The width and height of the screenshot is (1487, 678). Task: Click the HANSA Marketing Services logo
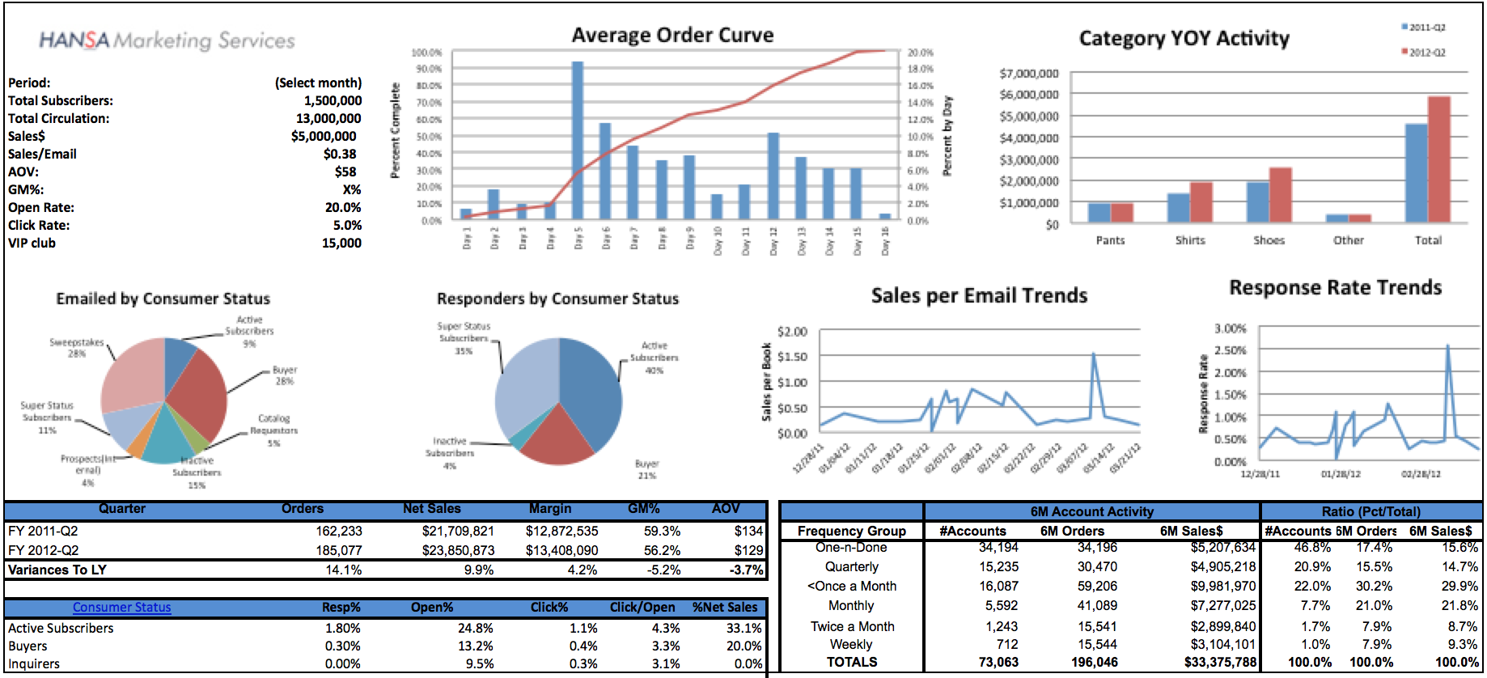pos(167,40)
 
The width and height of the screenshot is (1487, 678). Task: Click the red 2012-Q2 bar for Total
pos(1439,159)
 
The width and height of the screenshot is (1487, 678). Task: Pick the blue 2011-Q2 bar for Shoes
pos(1257,202)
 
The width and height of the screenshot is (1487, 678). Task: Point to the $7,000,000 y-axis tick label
pos(1029,74)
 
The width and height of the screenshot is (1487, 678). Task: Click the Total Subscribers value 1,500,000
pos(333,101)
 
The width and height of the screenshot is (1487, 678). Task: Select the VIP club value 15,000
pos(341,244)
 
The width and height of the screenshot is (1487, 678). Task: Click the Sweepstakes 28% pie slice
pos(132,372)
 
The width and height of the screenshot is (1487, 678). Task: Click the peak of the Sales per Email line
pos(1094,354)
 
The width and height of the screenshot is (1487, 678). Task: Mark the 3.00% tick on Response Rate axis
pos(1230,328)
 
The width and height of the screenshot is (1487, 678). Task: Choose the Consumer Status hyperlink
pos(121,608)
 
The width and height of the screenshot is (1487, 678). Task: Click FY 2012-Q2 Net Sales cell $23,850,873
pos(458,551)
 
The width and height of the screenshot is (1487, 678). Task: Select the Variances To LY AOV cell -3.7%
pos(746,570)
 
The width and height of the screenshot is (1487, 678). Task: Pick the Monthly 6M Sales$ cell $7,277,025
pos(1222,606)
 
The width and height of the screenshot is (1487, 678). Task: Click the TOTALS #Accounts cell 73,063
pos(998,663)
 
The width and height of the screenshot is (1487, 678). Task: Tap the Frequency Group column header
pos(851,532)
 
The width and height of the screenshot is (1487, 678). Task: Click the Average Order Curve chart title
pos(672,36)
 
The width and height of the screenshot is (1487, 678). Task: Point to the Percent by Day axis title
pos(947,135)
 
